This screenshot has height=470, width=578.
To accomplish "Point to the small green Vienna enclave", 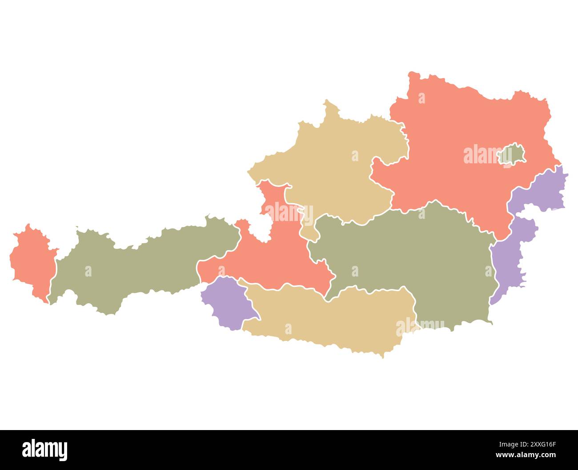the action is pos(513,155).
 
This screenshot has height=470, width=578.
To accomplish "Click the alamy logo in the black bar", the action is pos(45,450).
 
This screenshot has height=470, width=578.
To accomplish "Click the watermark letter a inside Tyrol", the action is pos(88,271).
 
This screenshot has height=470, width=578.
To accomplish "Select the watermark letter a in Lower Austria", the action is pos(421,99).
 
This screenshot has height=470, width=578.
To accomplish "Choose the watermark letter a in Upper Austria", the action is pos(355,156).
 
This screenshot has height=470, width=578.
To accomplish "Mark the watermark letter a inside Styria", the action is pos(355,271).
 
